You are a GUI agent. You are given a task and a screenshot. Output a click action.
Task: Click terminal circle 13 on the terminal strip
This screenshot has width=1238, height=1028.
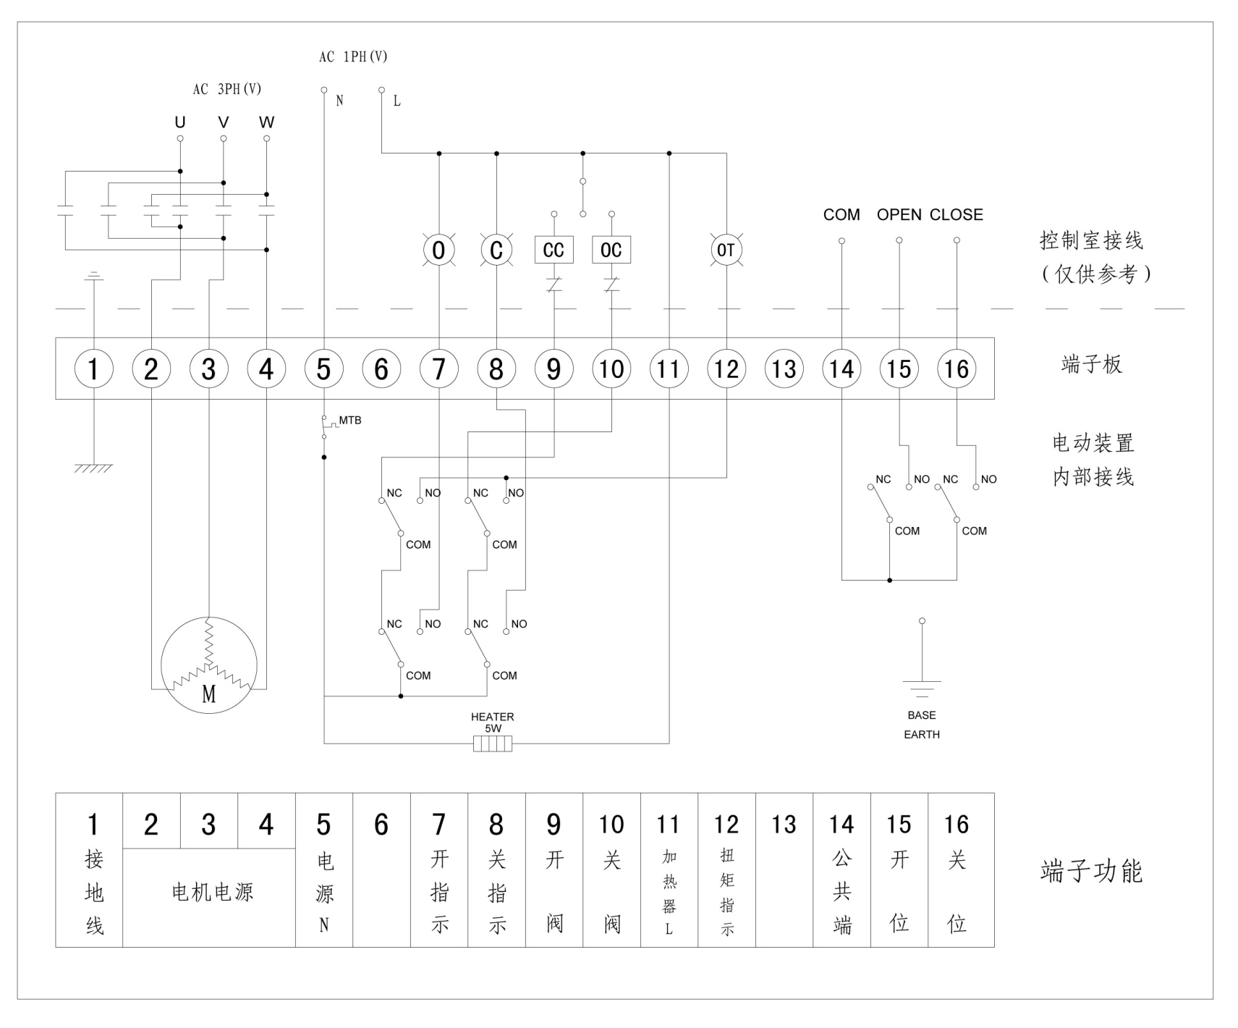(x=784, y=368)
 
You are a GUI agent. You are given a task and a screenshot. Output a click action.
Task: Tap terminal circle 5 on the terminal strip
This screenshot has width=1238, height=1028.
(x=323, y=368)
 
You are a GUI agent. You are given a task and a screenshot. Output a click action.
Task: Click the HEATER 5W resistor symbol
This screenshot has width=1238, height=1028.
(x=493, y=743)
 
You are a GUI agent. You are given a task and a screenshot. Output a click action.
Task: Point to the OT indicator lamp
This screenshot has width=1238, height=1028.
(x=726, y=250)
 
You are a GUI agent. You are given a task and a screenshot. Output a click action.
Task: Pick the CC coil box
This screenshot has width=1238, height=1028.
(x=554, y=250)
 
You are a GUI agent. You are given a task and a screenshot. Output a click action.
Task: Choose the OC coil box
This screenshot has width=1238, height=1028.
(x=611, y=250)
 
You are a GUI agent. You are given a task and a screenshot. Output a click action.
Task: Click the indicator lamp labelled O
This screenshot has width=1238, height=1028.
(x=438, y=250)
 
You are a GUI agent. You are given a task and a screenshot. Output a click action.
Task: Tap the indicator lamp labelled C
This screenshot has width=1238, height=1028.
(x=496, y=250)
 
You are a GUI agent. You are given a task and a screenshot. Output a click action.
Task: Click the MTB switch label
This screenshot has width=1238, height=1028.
(x=350, y=420)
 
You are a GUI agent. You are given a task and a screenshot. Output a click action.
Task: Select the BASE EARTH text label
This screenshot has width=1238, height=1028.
(x=922, y=725)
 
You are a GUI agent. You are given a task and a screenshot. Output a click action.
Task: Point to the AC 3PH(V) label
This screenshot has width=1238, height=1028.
(x=226, y=89)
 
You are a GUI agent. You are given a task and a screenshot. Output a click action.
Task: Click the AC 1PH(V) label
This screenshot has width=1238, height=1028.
(x=353, y=56)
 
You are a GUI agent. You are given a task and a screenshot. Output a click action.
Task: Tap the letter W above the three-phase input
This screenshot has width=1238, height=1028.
(x=266, y=122)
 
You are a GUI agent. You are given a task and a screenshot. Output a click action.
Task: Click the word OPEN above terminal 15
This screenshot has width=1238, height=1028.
(x=899, y=214)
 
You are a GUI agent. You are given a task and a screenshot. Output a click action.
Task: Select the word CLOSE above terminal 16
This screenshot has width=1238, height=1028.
(x=956, y=214)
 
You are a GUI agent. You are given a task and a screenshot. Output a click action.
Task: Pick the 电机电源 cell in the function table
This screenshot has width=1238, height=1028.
(x=212, y=892)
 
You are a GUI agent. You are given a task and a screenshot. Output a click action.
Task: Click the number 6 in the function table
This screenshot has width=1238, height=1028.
(x=381, y=825)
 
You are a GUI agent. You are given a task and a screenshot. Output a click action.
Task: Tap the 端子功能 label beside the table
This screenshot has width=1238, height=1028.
(x=1091, y=871)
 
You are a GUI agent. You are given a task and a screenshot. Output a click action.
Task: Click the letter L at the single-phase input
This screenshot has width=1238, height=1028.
(x=397, y=101)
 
